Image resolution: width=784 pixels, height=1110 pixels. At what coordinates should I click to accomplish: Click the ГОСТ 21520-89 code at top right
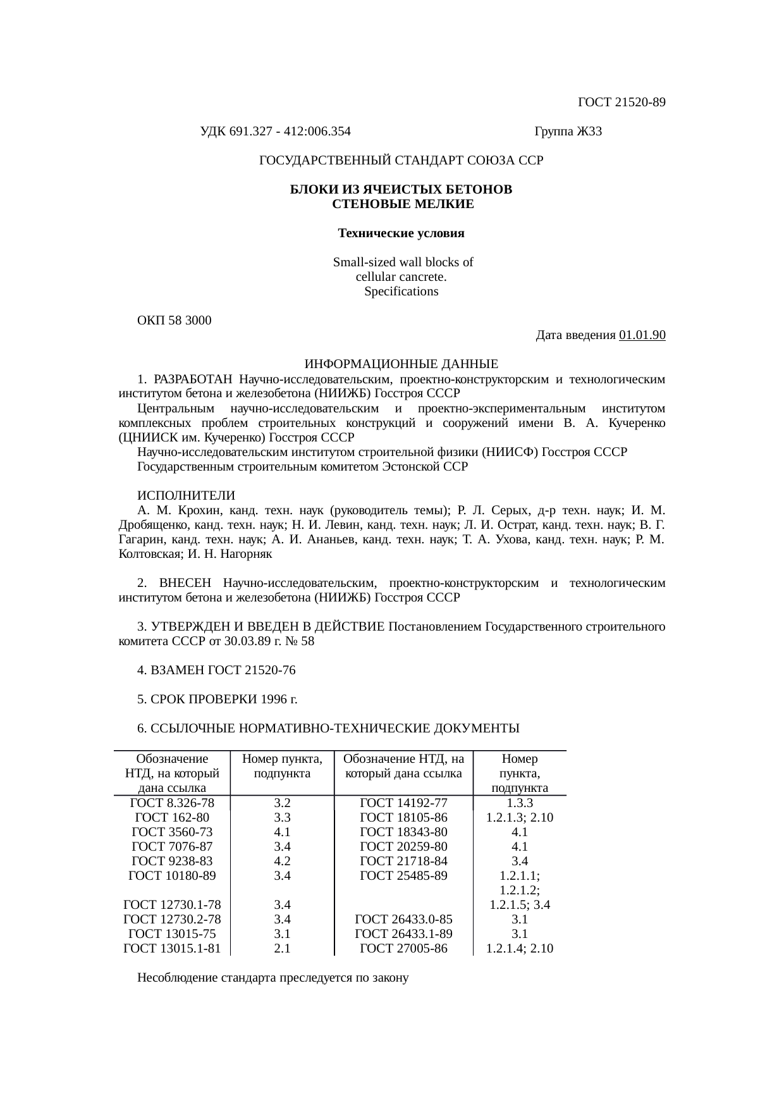pos(622,102)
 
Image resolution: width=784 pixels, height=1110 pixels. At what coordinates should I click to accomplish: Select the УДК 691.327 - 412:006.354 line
pos(275,132)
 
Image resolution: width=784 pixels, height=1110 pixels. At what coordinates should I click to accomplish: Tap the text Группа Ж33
pos(568,132)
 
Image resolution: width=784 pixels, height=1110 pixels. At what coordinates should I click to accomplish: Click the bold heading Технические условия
pos(401,233)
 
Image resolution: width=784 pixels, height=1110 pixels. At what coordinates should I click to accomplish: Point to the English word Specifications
pos(401,292)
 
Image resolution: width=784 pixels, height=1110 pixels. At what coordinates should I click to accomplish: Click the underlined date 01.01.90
pos(642,335)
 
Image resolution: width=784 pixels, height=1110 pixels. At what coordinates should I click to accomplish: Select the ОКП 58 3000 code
pos(175,320)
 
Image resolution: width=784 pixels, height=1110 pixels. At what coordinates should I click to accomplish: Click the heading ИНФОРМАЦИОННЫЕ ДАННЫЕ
pos(401,364)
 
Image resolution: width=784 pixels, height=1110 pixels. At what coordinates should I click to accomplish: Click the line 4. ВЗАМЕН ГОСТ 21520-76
pos(216,670)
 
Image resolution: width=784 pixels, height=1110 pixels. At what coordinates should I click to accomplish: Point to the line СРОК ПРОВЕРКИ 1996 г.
pos(217,699)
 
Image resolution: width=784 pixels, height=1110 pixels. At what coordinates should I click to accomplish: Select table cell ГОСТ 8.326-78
pos(172,803)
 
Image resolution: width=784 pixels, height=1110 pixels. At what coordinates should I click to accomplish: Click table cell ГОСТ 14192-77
pos(403,803)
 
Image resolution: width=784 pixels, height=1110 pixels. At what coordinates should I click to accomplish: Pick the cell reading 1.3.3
pos(520,803)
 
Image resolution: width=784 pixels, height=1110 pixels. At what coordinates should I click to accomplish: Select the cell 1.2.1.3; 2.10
pos(520,817)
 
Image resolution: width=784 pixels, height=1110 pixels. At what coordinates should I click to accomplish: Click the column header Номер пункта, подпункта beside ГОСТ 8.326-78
pos(282,766)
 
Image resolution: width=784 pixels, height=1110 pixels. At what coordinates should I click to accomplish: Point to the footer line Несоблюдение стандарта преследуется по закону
pos(273,978)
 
